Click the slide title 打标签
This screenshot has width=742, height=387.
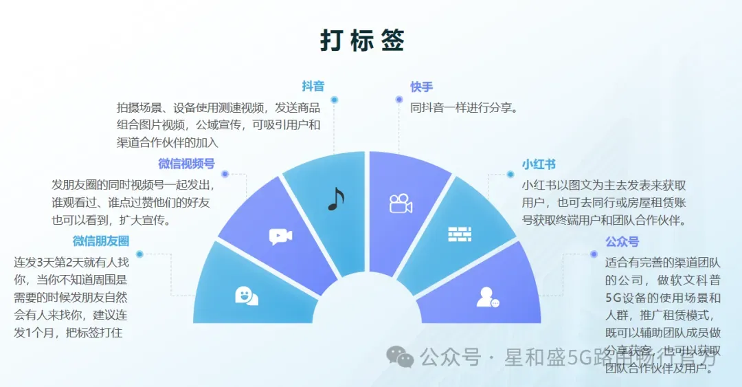362,41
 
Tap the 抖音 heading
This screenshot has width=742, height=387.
313,87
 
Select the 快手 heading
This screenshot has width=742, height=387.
422,87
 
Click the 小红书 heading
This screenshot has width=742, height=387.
539,164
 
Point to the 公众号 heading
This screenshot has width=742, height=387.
622,242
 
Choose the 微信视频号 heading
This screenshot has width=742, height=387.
186,164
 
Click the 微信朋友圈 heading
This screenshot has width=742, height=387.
101,241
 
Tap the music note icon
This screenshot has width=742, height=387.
335,199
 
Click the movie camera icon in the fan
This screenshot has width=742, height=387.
400,203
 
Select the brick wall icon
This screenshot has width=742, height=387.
460,234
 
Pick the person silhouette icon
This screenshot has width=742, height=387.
487,296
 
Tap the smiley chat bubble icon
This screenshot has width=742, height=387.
246,296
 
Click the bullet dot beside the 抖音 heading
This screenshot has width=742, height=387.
334,100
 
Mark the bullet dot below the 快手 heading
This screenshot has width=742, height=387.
399,100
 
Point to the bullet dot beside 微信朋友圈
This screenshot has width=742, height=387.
139,254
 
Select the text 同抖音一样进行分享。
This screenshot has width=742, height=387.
463,108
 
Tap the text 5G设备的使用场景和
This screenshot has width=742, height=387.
662,298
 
